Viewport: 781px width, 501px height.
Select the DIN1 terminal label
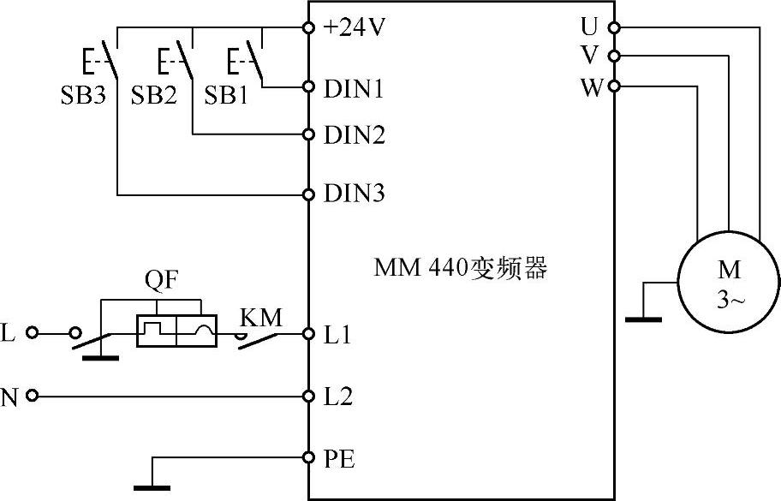click(x=354, y=87)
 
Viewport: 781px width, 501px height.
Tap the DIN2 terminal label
click(x=354, y=134)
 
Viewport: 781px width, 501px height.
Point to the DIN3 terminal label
click(x=354, y=194)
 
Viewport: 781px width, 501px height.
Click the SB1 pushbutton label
click(x=226, y=95)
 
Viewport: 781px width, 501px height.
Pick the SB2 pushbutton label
click(x=153, y=95)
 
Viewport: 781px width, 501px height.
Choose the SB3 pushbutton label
click(x=82, y=95)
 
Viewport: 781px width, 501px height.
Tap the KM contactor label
click(x=261, y=317)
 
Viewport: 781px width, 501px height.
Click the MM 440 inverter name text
click(x=460, y=269)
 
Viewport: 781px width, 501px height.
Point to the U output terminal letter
click(x=589, y=27)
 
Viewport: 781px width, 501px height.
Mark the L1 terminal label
click(x=337, y=336)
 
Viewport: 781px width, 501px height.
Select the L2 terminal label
click(x=338, y=397)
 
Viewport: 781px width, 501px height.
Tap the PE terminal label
click(x=339, y=460)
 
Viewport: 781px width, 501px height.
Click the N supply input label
click(x=11, y=397)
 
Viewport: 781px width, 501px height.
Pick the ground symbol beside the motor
click(x=643, y=319)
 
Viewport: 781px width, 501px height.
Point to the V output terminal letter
click(x=589, y=56)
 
